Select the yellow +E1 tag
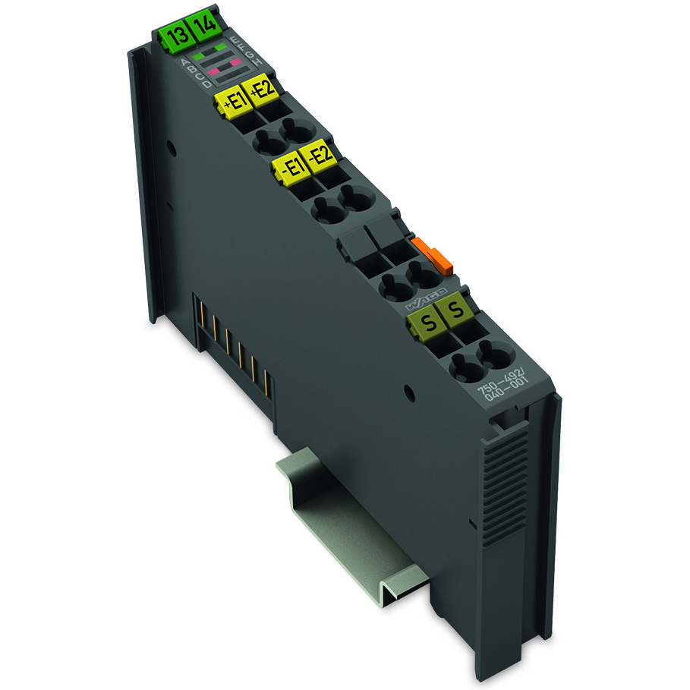pos(233,102)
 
